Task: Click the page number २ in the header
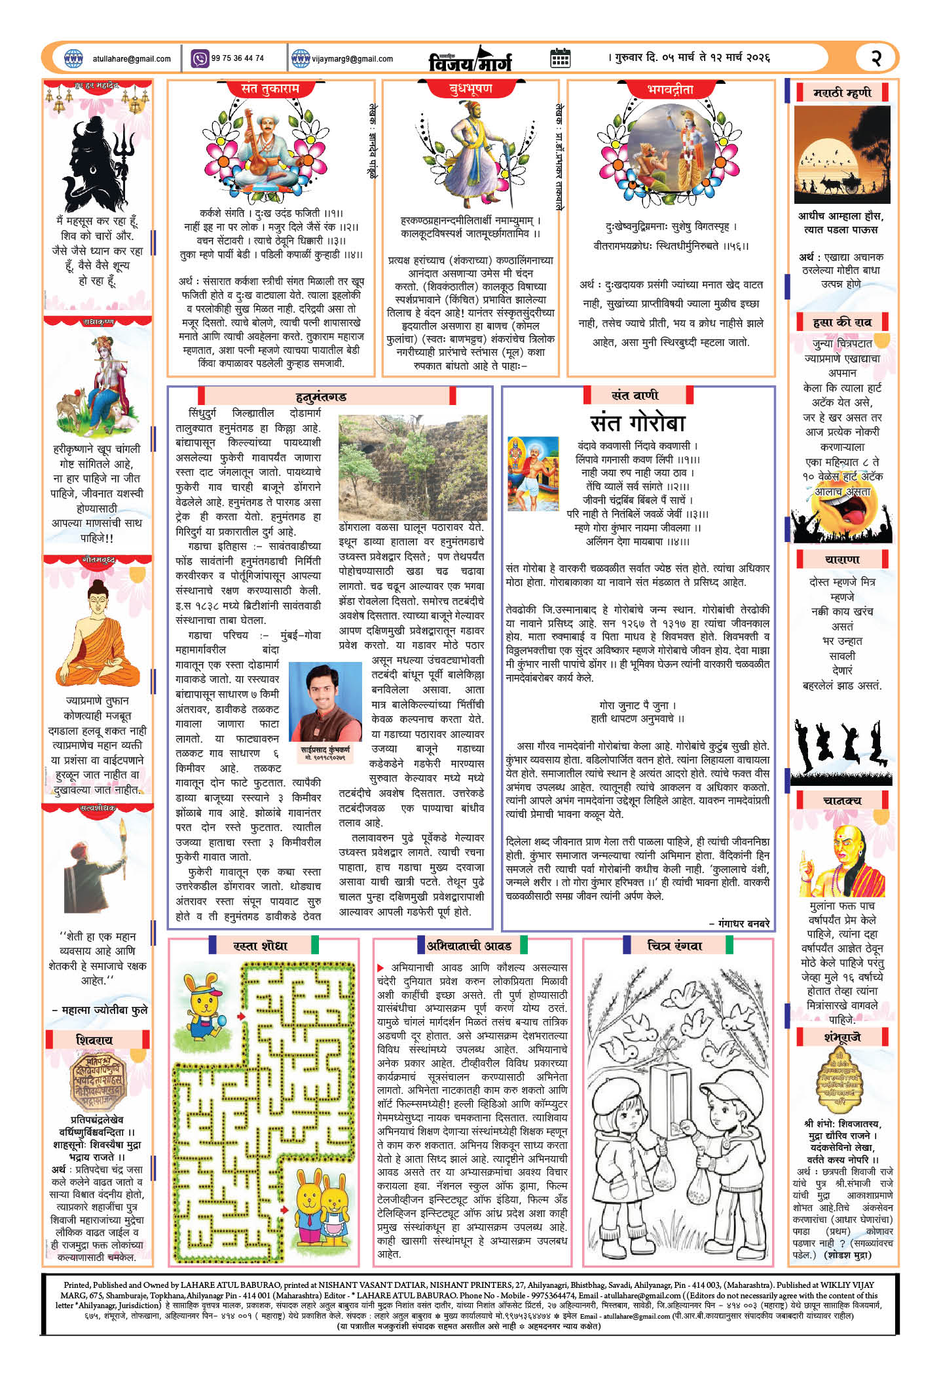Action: click(876, 58)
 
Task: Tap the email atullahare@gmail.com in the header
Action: click(132, 59)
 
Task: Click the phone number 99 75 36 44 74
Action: click(237, 58)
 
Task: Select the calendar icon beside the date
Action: click(560, 58)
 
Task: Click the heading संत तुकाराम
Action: click(270, 88)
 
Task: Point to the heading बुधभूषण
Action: click(471, 88)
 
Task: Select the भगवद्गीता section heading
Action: click(669, 89)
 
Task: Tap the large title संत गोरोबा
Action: click(637, 423)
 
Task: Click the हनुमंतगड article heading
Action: click(321, 397)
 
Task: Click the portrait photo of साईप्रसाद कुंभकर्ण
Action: click(325, 701)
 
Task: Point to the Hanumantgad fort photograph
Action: click(413, 467)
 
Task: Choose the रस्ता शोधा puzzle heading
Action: click(260, 946)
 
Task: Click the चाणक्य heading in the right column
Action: click(842, 800)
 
